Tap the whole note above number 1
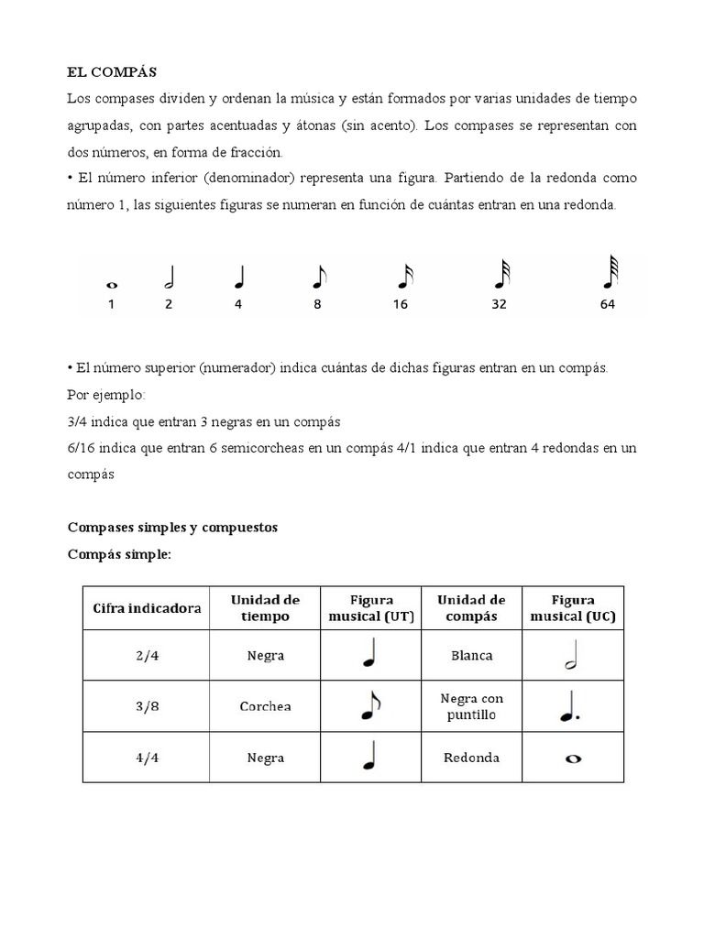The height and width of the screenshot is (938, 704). (111, 285)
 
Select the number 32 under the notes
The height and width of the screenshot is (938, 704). (499, 305)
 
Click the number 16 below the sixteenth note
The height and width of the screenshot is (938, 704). (400, 305)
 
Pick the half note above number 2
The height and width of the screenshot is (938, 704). (169, 277)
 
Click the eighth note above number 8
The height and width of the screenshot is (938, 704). (317, 277)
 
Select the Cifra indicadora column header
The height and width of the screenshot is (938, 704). (147, 608)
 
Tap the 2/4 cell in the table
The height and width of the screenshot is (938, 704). (147, 656)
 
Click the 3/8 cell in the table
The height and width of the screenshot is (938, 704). (147, 706)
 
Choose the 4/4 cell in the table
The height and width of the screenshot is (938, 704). (147, 758)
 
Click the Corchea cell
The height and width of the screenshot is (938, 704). (265, 706)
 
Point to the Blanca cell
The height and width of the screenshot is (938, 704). (472, 656)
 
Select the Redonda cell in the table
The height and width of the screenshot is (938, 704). (472, 758)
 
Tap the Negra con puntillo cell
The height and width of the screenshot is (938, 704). (472, 706)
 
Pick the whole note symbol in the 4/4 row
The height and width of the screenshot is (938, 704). (573, 758)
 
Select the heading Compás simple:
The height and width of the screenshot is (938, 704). (119, 555)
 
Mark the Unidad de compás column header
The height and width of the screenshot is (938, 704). (472, 608)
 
